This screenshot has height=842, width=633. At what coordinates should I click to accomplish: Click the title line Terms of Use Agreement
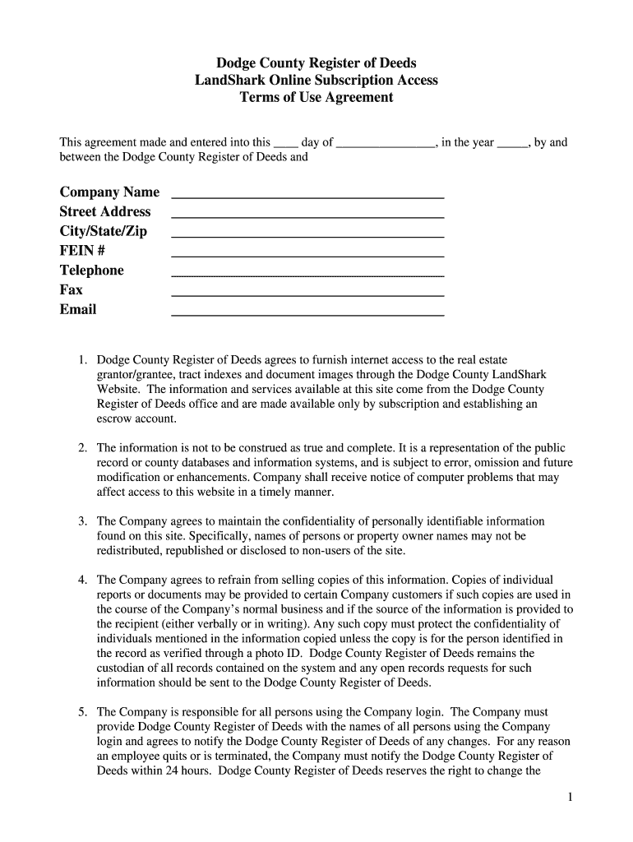[316, 98]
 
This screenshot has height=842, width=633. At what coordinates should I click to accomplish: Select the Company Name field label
[109, 192]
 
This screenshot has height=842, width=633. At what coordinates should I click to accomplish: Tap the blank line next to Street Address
[307, 215]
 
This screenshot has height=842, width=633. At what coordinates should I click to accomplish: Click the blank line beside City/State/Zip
[307, 235]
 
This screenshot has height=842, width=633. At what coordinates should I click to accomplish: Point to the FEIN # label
[82, 251]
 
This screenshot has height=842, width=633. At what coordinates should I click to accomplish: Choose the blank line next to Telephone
[307, 275]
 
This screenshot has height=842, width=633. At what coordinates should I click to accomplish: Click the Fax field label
[72, 290]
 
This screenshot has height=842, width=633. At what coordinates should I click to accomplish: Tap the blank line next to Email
[307, 314]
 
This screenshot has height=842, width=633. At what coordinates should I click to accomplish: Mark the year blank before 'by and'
[513, 143]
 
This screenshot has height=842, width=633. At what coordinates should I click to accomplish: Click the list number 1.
[82, 360]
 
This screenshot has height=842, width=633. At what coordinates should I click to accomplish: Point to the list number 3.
[82, 521]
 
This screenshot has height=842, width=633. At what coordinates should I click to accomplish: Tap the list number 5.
[82, 712]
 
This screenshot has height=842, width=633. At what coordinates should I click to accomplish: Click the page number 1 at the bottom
[570, 798]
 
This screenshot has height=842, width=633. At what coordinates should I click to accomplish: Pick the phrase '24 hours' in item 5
[187, 771]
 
